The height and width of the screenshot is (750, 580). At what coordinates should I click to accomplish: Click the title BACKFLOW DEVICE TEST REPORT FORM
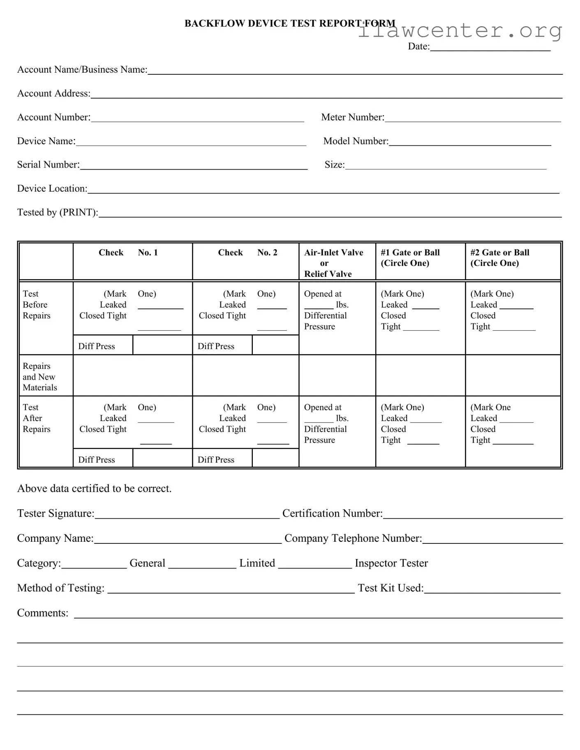point(289,23)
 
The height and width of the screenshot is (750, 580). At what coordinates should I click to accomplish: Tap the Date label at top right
point(418,46)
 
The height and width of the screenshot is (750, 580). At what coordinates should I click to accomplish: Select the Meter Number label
point(352,117)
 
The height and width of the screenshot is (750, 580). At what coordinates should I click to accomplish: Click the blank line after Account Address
point(326,94)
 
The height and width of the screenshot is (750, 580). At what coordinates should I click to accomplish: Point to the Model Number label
point(356,141)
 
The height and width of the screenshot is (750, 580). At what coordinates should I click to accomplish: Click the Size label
point(334,165)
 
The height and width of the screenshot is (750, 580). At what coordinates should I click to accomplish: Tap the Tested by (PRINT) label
point(57,212)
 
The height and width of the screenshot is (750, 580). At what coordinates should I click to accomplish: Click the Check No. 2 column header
point(247,253)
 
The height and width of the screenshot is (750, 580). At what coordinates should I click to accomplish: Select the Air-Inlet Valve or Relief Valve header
point(333,263)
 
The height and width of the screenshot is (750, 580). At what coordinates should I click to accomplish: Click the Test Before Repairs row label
point(36,305)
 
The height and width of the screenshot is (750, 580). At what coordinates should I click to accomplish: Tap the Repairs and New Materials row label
point(39,377)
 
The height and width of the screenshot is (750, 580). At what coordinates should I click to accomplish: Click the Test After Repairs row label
point(36,418)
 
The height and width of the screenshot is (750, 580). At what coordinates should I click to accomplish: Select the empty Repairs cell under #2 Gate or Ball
point(513,375)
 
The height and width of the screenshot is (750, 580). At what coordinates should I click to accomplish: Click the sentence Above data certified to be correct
point(94,488)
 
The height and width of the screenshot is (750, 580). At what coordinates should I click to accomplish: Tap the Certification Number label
point(332,513)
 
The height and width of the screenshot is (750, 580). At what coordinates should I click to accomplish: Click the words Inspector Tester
point(391,563)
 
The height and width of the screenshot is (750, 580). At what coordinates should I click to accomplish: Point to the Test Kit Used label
point(390,588)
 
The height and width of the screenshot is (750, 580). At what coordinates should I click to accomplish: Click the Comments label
point(42,613)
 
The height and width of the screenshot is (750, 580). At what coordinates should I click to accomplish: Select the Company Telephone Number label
point(353,538)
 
